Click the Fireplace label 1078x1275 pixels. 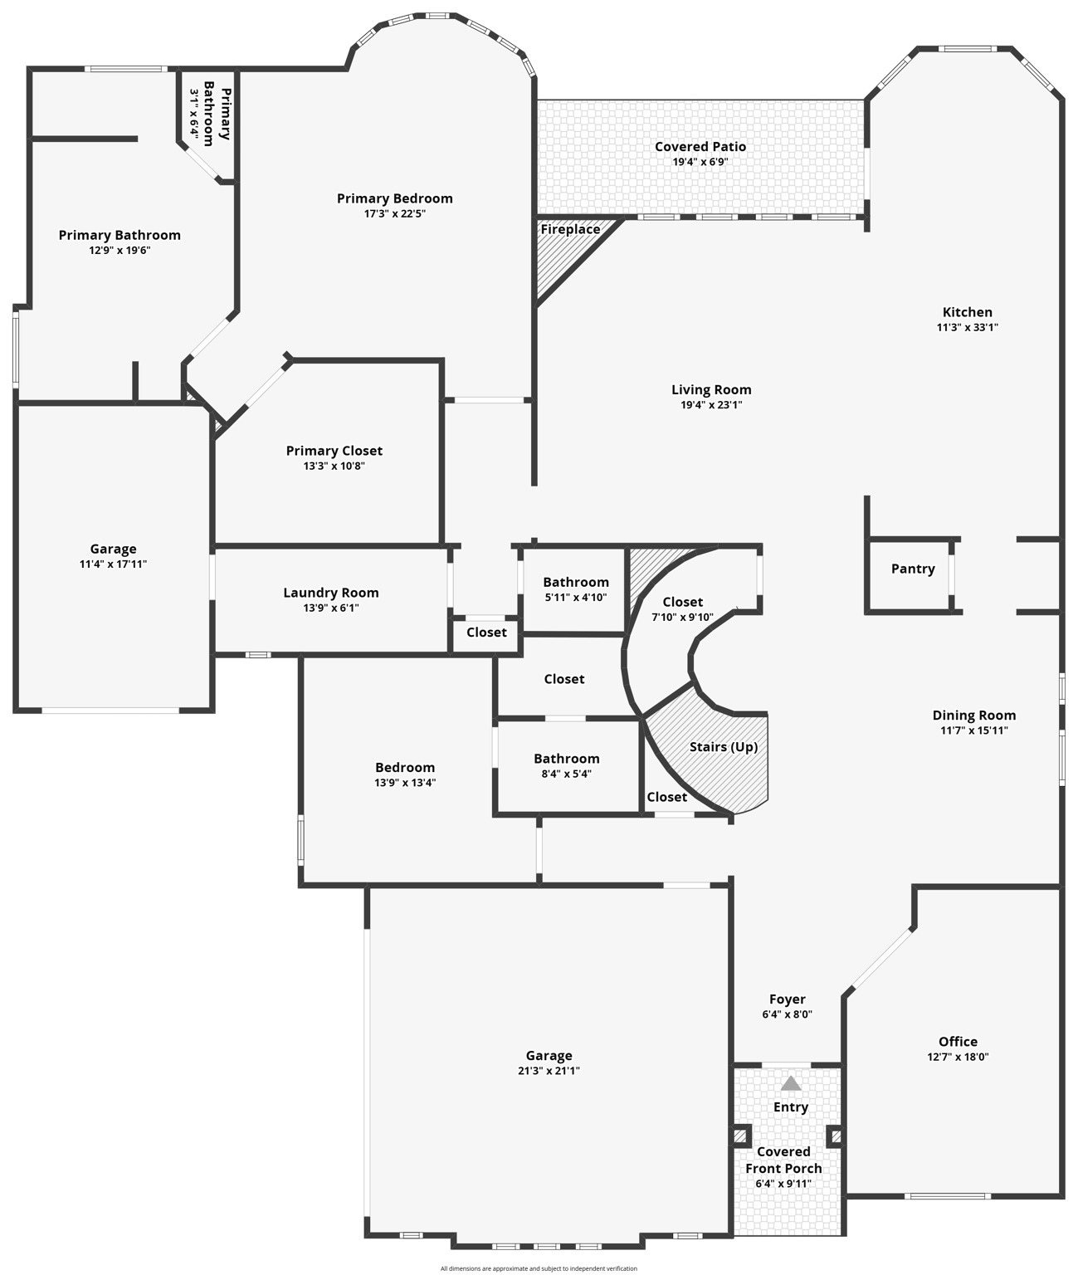click(570, 230)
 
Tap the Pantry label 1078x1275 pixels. click(913, 569)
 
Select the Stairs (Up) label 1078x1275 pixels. click(724, 747)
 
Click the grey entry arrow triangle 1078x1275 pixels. click(791, 1083)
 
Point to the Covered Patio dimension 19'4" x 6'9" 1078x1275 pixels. click(700, 163)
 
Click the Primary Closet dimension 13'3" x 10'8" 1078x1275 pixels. click(334, 467)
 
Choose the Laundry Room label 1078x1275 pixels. click(331, 593)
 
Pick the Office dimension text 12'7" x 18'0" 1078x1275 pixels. click(958, 1058)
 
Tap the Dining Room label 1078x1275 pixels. click(973, 716)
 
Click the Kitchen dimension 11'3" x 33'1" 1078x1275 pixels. click(967, 328)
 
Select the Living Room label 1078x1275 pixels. click(711, 390)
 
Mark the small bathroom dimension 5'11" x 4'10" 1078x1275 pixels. click(576, 598)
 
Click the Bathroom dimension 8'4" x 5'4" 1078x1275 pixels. click(566, 774)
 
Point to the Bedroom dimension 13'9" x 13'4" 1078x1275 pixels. click(405, 783)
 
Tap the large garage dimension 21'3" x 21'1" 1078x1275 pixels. click(549, 1072)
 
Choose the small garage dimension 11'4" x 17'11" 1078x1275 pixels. click(113, 564)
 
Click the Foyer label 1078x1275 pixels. click(787, 999)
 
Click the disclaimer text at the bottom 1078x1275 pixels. click(539, 1268)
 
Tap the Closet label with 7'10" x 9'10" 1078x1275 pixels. click(682, 603)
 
